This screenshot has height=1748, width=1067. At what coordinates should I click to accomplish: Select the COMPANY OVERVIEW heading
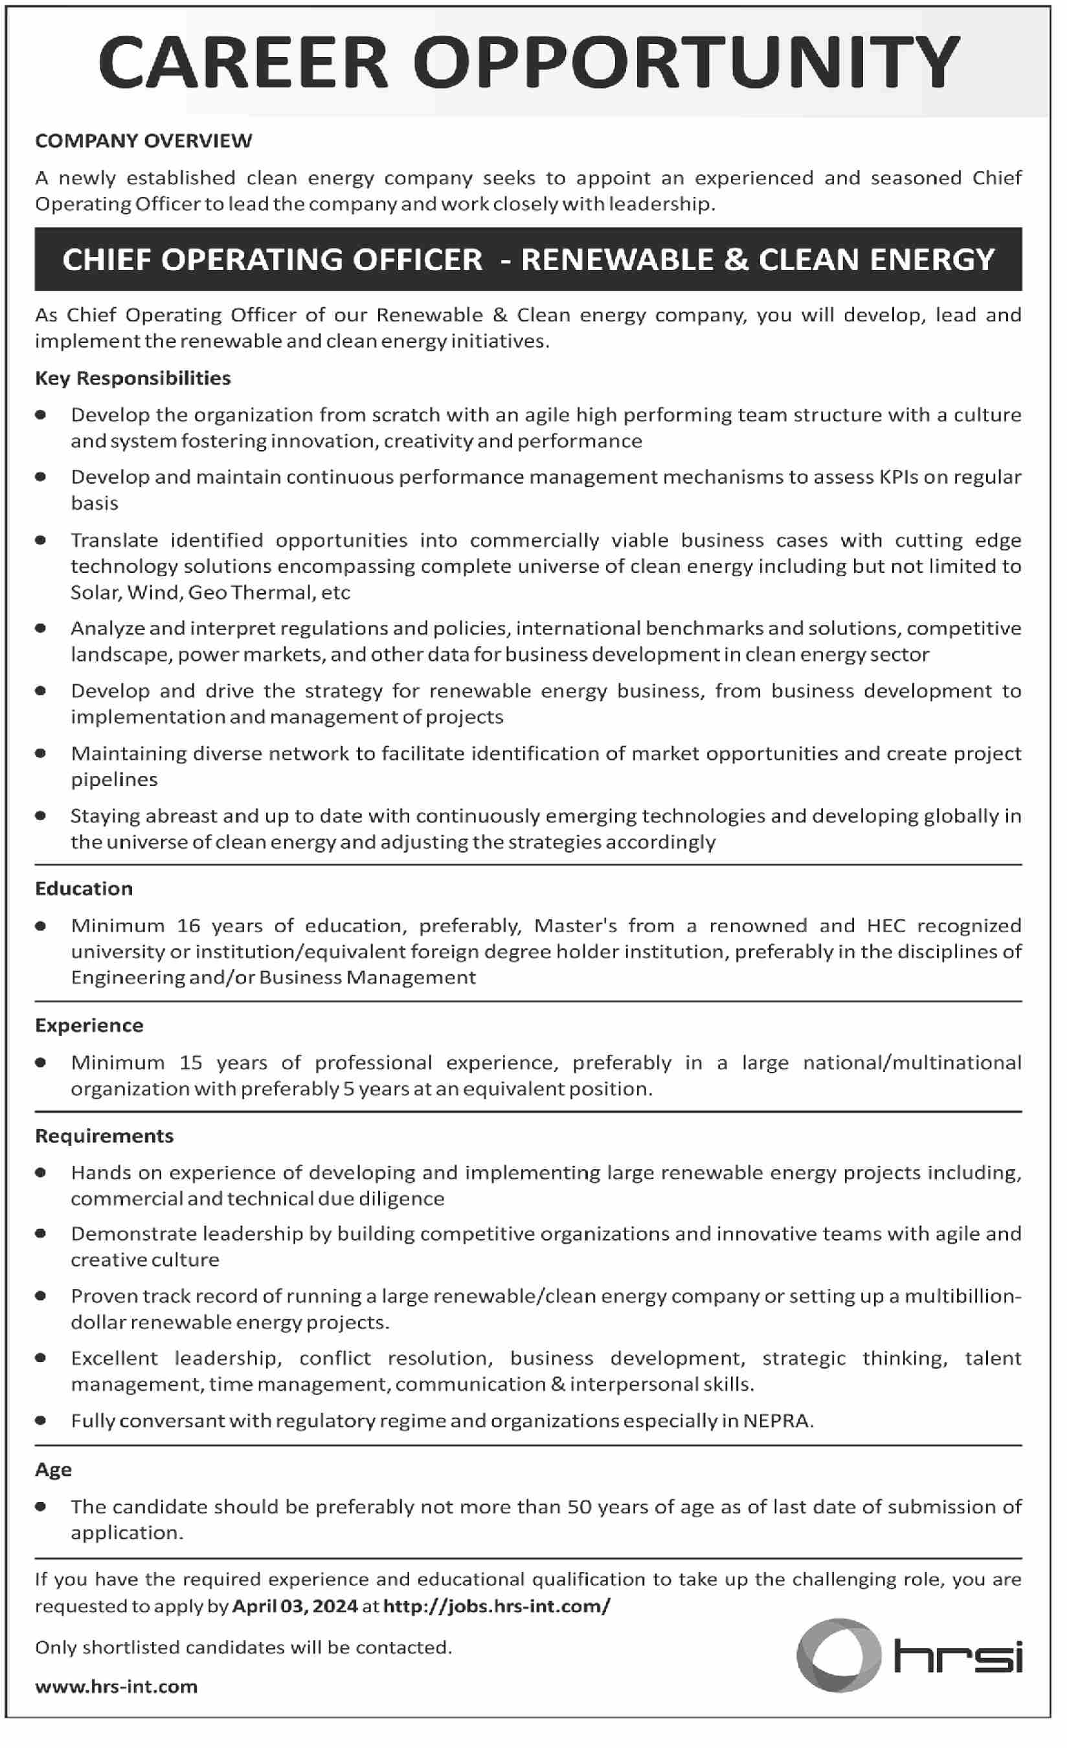point(143,140)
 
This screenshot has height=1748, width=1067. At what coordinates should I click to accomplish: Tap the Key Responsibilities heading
point(133,378)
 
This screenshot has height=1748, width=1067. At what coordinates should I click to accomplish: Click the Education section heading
point(84,889)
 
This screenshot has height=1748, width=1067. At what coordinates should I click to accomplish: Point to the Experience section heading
point(89,1025)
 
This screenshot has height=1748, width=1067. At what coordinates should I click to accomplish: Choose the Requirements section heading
point(104,1136)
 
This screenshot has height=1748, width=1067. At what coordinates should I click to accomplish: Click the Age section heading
point(53,1470)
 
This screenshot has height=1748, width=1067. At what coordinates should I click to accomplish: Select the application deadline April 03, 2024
point(295,1606)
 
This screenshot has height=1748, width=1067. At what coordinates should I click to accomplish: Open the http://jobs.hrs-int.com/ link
point(497,1606)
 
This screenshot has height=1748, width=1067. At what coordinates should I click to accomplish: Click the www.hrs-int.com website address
point(117,1687)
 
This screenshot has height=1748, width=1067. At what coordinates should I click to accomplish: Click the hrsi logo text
point(958,1657)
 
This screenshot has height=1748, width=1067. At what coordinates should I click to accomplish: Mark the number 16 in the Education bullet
point(188,926)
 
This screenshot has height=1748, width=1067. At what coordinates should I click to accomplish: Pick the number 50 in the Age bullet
point(579,1507)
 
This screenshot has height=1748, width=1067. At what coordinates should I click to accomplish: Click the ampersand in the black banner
point(736,260)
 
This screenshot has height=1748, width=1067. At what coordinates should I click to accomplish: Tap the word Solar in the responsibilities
point(95,592)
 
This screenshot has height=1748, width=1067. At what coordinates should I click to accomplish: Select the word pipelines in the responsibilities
point(114,779)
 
